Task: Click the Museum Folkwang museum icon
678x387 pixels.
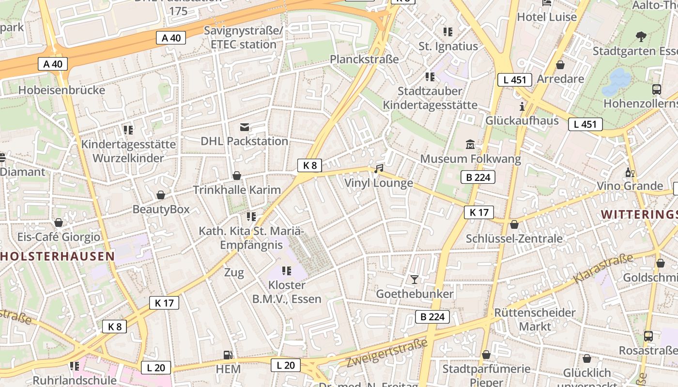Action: pos(470,144)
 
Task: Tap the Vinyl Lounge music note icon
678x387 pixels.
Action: pos(379,168)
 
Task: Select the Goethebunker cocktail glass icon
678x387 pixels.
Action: pos(414,279)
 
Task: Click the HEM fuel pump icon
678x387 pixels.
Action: pos(228,355)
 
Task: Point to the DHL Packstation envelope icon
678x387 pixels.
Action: pos(245,127)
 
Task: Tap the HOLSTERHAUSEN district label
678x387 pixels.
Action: pos(57,256)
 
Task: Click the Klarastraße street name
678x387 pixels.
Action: pos(603,268)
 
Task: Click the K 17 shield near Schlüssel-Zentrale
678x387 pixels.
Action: pos(478,212)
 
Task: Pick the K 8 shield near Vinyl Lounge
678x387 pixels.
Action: pos(309,165)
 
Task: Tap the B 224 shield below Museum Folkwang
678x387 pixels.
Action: pos(478,177)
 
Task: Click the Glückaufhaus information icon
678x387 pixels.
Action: pos(522,106)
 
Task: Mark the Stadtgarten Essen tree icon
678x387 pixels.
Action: pos(641,36)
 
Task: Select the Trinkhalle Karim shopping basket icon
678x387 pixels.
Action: pos(237,175)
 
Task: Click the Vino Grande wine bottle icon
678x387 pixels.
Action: pos(630,172)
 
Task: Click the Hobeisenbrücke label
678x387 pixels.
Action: pos(62,90)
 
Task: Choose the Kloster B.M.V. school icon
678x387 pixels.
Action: pos(286,270)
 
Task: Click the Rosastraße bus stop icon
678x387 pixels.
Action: pos(648,336)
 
